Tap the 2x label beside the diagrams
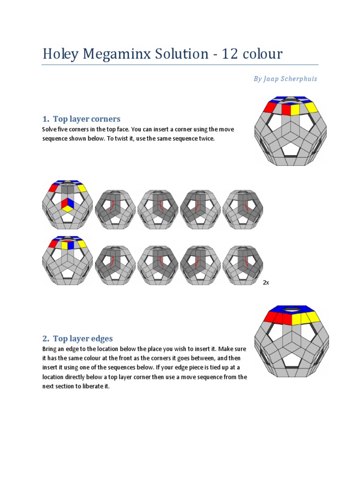tap(266, 283)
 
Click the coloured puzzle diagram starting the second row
tap(67, 261)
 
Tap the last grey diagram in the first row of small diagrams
tap(242, 209)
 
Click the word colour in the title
tap(263, 54)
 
